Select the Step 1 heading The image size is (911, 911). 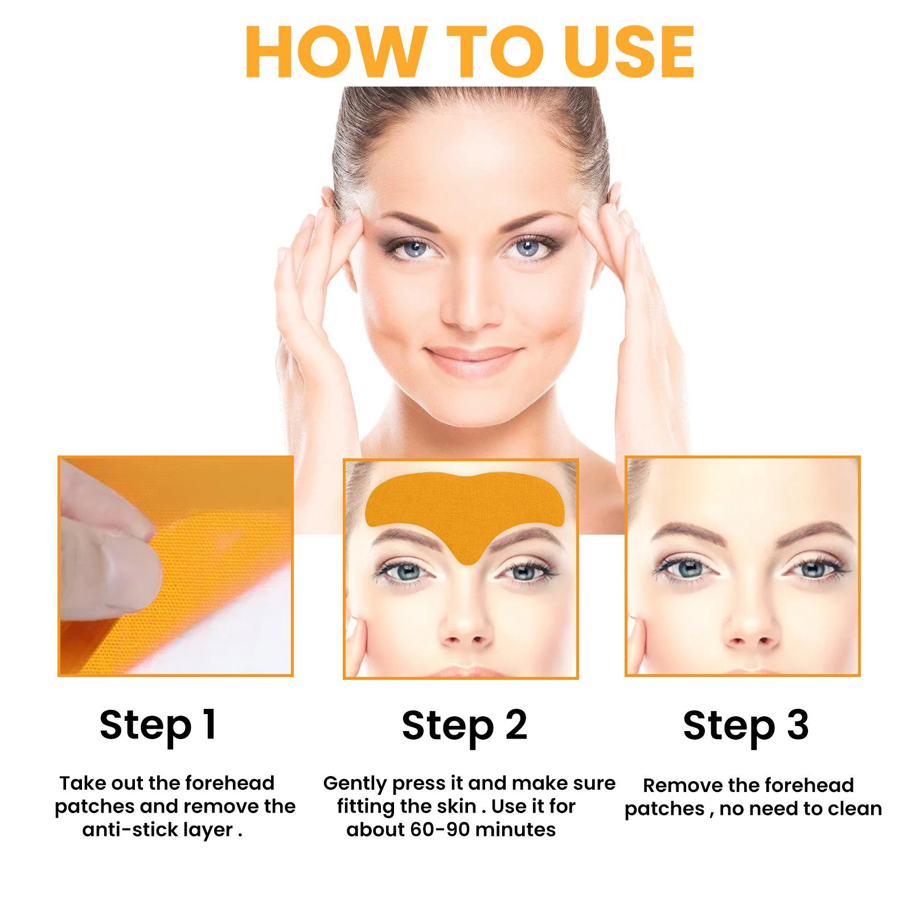click(x=158, y=725)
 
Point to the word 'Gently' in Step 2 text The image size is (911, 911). click(x=355, y=783)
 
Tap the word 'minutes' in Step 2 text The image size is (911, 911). click(x=516, y=830)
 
